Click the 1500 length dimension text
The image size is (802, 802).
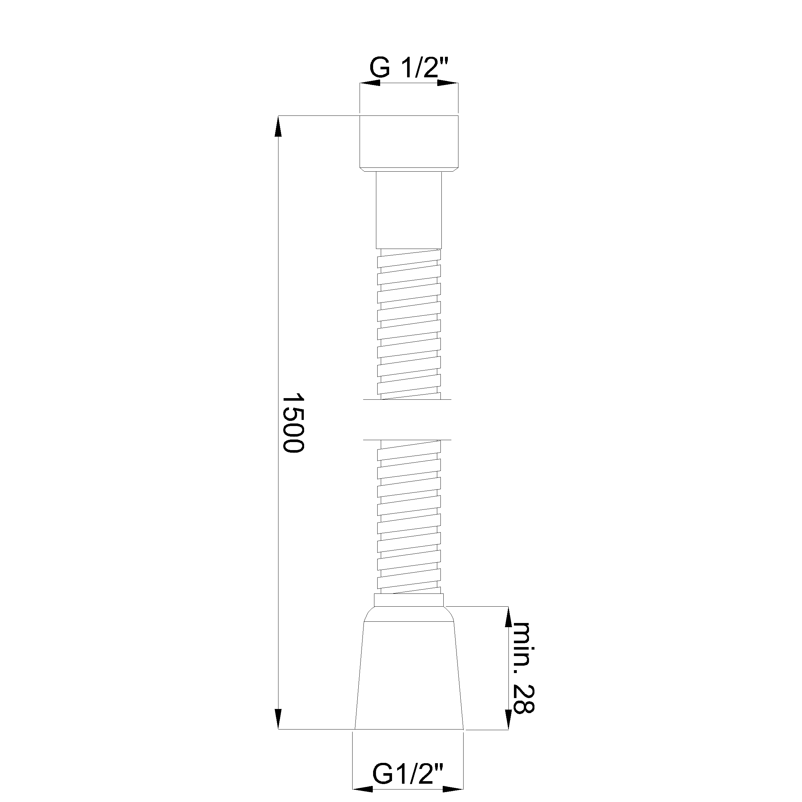293,423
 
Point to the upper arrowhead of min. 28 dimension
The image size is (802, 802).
508,617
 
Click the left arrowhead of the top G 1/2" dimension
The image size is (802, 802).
370,83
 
